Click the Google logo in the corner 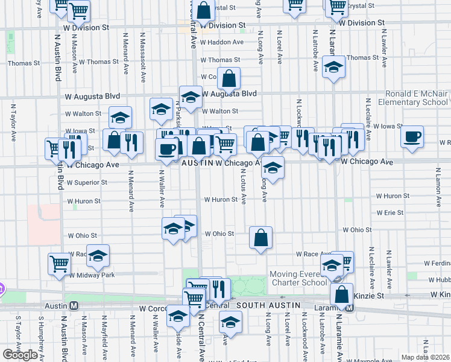(20, 355)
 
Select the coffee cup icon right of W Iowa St (412, 136)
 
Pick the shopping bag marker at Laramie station (341, 295)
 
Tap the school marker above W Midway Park (98, 256)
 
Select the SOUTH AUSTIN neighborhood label (268, 305)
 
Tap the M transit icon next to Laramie (350, 307)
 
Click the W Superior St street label (87, 182)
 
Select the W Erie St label (389, 213)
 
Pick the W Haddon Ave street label (222, 42)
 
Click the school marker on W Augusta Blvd (191, 97)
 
